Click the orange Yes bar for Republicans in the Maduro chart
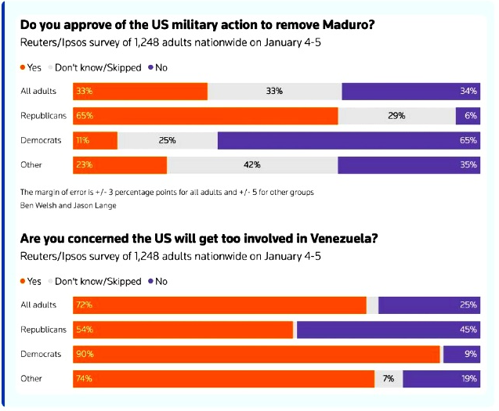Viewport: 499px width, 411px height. [205, 116]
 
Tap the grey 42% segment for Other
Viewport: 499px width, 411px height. [252, 165]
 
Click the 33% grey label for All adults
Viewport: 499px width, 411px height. [274, 92]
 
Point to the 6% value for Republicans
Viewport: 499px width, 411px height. [471, 116]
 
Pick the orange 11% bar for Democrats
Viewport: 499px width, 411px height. [95, 140]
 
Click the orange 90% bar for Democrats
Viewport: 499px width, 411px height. [256, 354]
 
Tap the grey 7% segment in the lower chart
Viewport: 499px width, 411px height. [389, 379]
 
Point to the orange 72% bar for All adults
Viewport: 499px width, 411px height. [219, 305]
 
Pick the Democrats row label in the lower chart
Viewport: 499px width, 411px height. [41, 354]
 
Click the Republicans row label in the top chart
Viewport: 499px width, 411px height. [43, 116]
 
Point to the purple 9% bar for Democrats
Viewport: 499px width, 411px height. [461, 354]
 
